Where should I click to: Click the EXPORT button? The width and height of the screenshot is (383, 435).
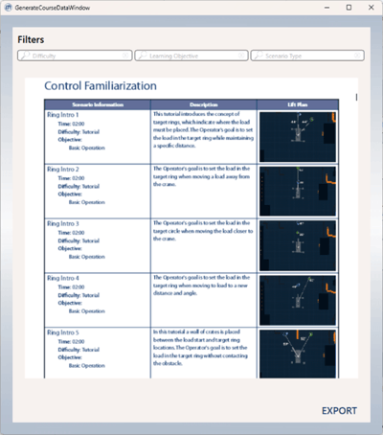(x=339, y=410)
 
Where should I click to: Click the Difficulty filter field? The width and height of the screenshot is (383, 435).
(x=74, y=57)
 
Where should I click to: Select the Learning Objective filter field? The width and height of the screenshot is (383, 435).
(x=191, y=57)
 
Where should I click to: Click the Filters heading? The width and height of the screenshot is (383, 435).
(x=32, y=40)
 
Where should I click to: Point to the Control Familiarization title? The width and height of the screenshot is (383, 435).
(x=101, y=86)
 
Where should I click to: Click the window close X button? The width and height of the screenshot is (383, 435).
(x=369, y=8)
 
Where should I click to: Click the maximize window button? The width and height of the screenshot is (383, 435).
(x=348, y=8)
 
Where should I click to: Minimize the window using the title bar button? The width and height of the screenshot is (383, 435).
(x=326, y=8)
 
